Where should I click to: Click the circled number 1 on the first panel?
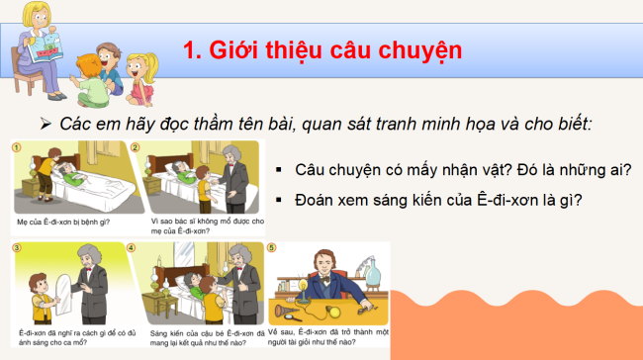17,147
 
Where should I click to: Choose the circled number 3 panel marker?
17,247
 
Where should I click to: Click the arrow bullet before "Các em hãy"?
45,124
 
